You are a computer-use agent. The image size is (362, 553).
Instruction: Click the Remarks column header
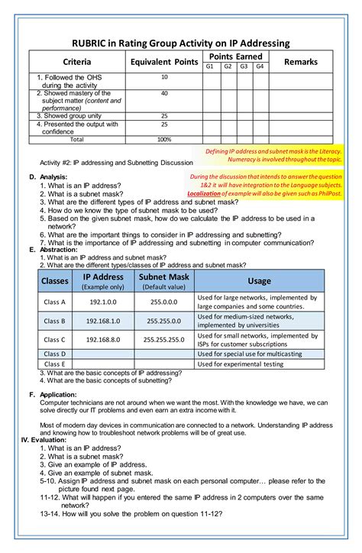pos(300,61)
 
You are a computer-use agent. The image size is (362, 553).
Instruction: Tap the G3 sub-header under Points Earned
pos(244,66)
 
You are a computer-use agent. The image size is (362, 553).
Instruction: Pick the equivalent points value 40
pos(164,93)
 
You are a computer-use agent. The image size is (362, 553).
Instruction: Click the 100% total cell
pos(164,140)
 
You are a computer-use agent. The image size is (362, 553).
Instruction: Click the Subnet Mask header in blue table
pos(164,281)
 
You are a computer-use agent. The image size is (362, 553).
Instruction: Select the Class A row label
pos(54,302)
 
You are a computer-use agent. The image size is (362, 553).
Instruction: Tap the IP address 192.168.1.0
pos(103,321)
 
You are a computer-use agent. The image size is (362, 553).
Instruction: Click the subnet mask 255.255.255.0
pos(164,339)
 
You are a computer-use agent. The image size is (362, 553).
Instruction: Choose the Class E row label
pos(54,364)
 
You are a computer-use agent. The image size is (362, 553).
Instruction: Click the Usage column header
pos(259,281)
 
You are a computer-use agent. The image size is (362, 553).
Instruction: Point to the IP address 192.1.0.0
pos(103,302)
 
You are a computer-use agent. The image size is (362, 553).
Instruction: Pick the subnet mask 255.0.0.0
pos(164,302)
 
